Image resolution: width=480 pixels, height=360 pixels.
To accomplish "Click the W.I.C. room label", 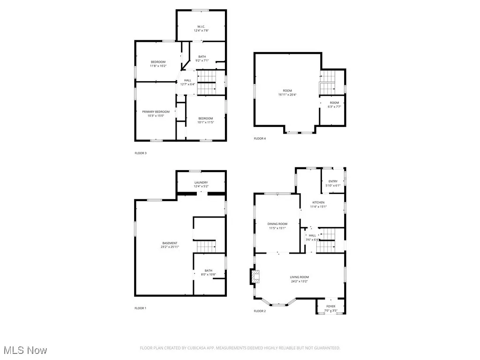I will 201,27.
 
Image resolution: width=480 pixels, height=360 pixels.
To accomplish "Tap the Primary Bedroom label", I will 156,112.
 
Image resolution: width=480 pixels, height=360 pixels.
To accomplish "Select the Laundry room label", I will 201,182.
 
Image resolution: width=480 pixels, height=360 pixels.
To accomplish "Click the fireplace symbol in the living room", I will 254,277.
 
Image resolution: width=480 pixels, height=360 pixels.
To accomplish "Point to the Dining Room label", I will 277,224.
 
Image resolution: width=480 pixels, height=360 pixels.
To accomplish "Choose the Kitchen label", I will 318,202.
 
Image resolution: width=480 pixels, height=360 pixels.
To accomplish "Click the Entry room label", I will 333,181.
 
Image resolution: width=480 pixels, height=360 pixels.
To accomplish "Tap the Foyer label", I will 331,307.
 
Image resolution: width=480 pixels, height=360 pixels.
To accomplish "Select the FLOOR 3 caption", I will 141,153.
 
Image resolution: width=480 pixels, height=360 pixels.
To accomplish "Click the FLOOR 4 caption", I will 260,138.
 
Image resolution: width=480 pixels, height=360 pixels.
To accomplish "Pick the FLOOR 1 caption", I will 141,308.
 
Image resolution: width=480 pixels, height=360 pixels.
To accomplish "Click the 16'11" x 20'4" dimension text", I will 287,95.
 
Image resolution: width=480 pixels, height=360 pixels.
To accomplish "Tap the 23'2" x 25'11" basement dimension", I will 170,247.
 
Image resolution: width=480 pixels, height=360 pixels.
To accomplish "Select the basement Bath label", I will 208,270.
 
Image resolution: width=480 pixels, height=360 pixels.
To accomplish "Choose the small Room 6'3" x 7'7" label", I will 334,103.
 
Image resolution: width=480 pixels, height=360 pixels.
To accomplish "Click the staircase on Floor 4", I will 328,82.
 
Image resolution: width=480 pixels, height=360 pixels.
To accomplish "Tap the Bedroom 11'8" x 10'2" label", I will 158,62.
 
